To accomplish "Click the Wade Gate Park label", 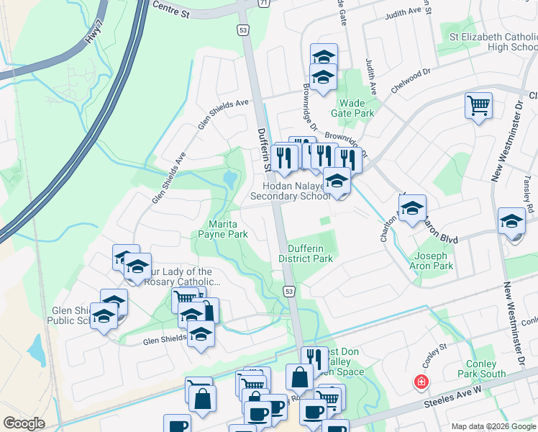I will [352, 108].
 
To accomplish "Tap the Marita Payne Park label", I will [228, 229].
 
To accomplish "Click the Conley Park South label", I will [481, 369].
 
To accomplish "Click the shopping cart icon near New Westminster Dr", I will [478, 106].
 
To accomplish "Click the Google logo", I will [24, 423].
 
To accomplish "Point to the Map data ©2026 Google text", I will [493, 426].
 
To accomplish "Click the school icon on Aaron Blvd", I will [412, 209].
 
